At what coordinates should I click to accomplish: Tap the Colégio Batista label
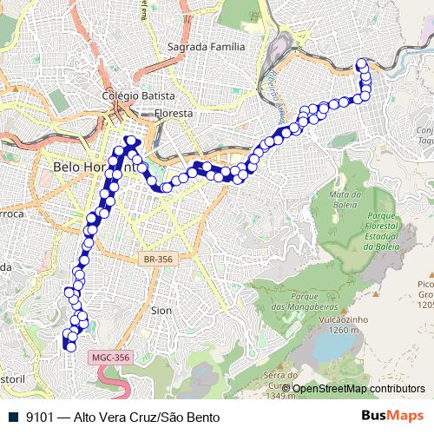pyautogui.click(x=139, y=95)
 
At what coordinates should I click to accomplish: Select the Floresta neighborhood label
pyautogui.click(x=173, y=113)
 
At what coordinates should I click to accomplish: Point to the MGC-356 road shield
pyautogui.click(x=109, y=357)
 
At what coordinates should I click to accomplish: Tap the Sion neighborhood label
pyautogui.click(x=161, y=309)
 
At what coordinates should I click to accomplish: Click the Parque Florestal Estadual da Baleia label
pyautogui.click(x=381, y=230)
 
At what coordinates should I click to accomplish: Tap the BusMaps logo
pyautogui.click(x=393, y=416)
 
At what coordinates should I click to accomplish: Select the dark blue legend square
pyautogui.click(x=12, y=417)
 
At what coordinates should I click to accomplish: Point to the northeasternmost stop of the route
pyautogui.click(x=363, y=62)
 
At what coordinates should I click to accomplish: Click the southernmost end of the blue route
pyautogui.click(x=69, y=347)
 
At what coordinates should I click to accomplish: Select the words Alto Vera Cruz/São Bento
pyautogui.click(x=148, y=417)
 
